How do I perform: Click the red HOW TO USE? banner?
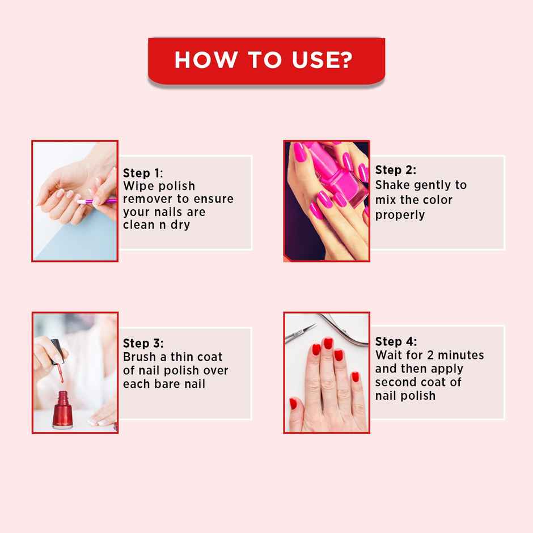coord(266,60)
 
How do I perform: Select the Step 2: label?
coord(395,170)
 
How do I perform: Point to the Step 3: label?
coord(143,343)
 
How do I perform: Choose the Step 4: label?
coord(395,341)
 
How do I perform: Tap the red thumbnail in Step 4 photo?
coord(293,404)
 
